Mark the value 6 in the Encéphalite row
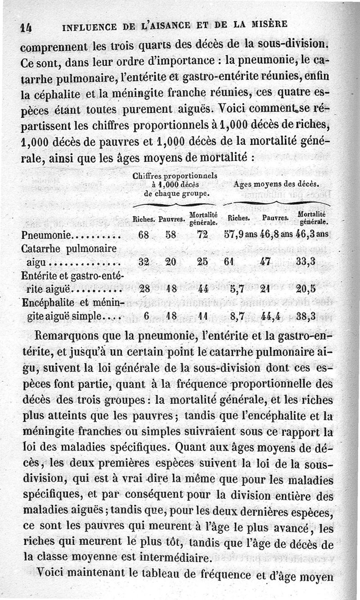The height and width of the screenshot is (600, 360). pos(146,316)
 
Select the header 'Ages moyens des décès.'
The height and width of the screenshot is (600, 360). pos(276,184)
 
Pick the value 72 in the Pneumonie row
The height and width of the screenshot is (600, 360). pos(203,235)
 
